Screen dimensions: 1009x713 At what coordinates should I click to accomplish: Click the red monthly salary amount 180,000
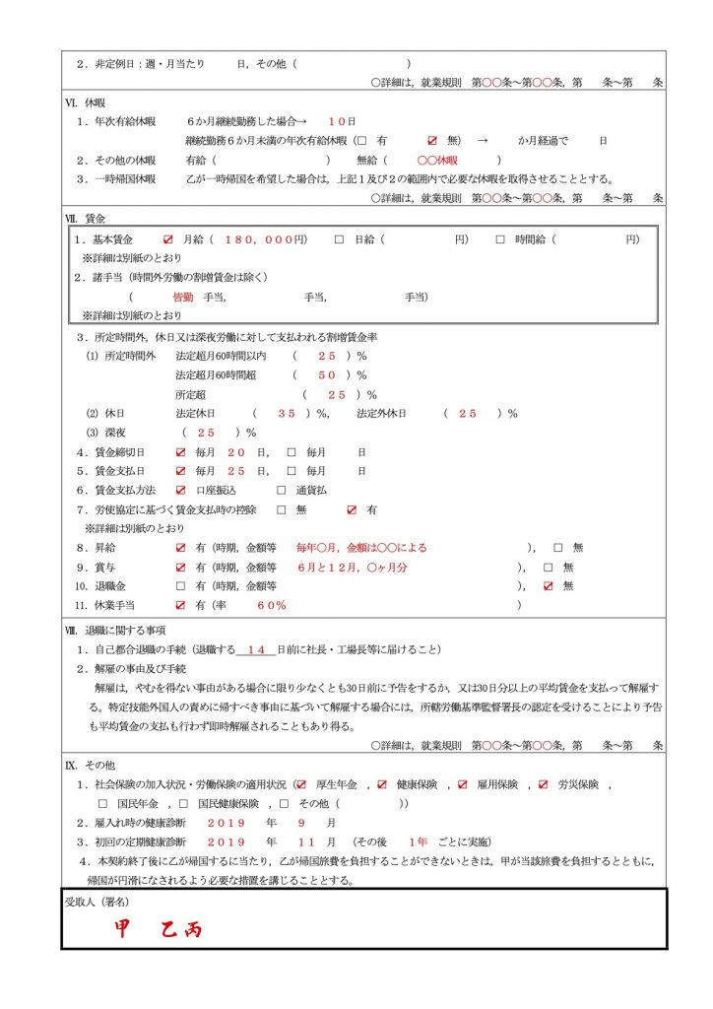264,239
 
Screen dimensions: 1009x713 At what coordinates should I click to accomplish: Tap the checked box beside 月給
168,239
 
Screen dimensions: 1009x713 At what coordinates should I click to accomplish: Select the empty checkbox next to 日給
339,239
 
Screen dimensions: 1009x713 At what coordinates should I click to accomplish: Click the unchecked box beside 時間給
500,239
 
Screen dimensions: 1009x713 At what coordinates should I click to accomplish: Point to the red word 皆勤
182,297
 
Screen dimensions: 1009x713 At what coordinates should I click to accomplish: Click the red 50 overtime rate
327,374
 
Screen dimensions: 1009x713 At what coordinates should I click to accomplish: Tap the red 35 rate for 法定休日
287,413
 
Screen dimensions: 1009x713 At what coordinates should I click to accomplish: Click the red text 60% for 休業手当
272,604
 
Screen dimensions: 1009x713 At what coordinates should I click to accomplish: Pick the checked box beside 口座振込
180,490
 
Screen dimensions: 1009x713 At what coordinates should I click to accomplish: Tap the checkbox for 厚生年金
301,784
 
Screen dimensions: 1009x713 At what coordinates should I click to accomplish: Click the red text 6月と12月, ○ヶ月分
352,567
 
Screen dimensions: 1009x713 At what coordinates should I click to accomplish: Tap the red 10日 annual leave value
342,121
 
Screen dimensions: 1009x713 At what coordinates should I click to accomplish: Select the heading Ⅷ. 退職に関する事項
114,630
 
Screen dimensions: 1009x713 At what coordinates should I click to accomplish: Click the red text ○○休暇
437,160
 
